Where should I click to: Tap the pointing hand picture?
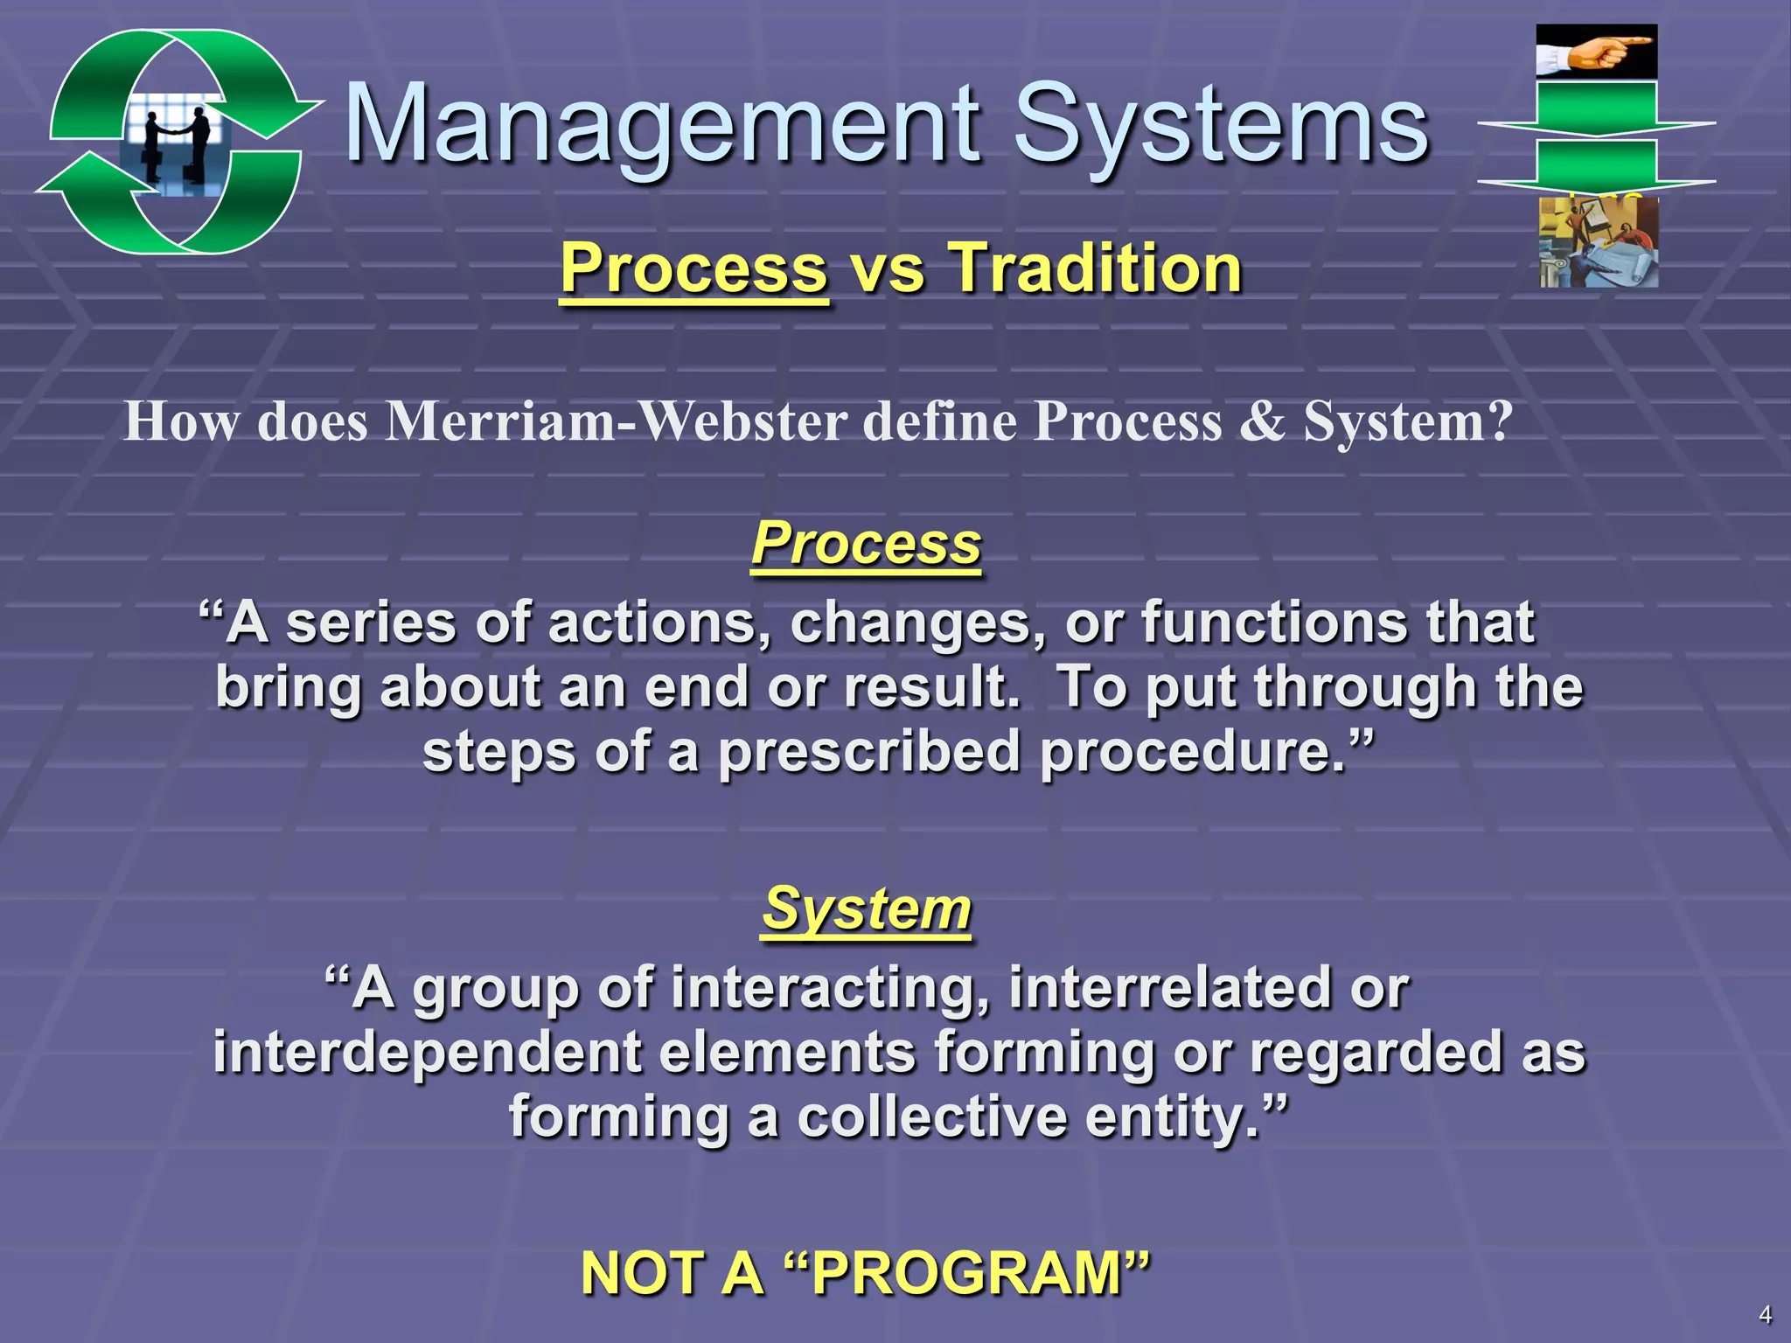pyautogui.click(x=1596, y=52)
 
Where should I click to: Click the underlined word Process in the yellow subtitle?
pyautogui.click(x=693, y=268)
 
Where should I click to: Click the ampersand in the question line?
pyautogui.click(x=1262, y=422)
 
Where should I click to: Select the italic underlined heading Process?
pyautogui.click(x=866, y=544)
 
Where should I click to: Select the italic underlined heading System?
pyautogui.click(x=866, y=909)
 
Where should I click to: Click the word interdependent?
pyautogui.click(x=427, y=1053)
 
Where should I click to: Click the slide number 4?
pyautogui.click(x=1765, y=1314)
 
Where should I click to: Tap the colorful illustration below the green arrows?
pyautogui.click(x=1599, y=243)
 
